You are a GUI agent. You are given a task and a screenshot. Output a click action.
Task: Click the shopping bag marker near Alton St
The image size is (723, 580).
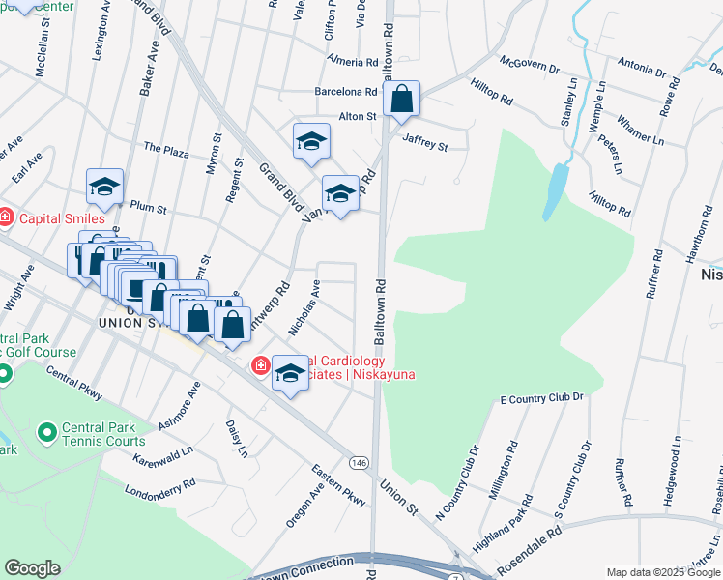click(x=401, y=99)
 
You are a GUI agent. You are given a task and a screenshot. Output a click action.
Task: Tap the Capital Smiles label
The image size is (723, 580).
click(x=47, y=217)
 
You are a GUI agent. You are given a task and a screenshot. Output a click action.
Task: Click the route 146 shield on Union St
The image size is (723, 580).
click(x=359, y=464)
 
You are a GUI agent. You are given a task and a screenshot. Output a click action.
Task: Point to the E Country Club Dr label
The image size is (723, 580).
click(x=542, y=398)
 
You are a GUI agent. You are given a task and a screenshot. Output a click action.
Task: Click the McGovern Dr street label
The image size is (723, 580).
click(x=530, y=66)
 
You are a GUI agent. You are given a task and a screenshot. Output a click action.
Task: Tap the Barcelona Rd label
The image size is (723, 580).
click(x=345, y=92)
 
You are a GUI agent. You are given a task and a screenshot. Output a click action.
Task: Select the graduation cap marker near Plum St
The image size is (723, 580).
click(x=104, y=188)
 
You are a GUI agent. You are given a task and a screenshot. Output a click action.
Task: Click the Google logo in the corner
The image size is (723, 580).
click(x=32, y=568)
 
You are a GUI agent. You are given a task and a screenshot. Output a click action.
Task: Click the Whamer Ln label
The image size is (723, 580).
click(x=640, y=132)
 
